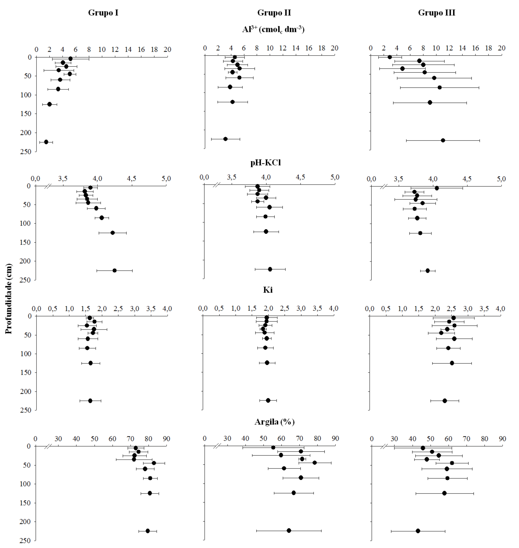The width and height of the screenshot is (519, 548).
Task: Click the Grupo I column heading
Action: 103,13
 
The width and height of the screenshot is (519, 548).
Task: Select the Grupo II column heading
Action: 274,13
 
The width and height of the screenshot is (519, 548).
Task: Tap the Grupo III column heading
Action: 437,13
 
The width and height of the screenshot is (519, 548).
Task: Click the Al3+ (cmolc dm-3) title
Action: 273,29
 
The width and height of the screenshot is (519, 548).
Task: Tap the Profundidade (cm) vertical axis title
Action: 9,299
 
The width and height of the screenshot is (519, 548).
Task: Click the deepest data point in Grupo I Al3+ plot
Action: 46,142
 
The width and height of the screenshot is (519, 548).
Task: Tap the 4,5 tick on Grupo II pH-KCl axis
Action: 300,177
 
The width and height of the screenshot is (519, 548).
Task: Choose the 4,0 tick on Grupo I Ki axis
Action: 167,308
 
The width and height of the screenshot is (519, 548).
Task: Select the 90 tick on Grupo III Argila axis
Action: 502,439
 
